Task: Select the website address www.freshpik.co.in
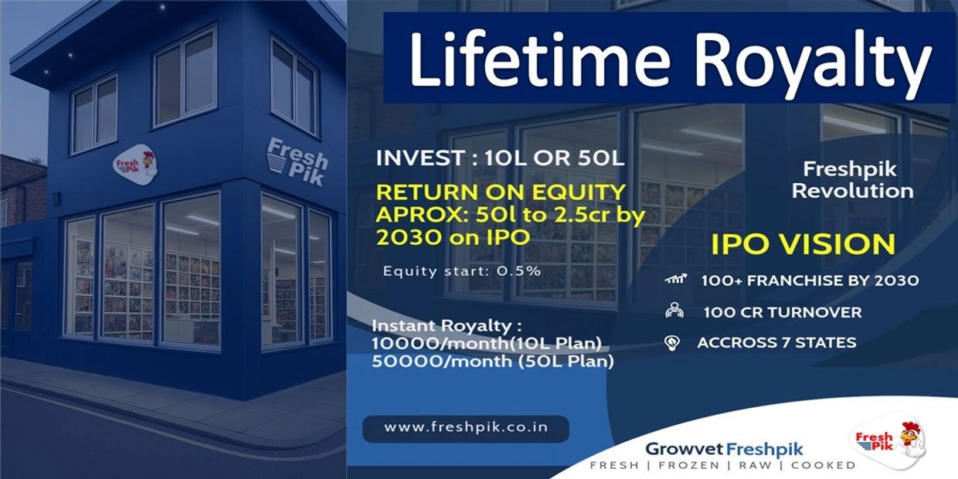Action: (x=466, y=427)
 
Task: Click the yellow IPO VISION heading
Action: (x=803, y=244)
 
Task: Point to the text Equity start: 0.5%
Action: (x=462, y=271)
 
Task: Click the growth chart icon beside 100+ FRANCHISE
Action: (x=676, y=279)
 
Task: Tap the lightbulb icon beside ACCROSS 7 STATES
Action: (x=672, y=343)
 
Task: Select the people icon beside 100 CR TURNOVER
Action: (x=674, y=311)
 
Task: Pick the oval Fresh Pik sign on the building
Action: (x=135, y=165)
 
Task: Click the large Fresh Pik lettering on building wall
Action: (x=297, y=161)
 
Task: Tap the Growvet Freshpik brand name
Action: (x=724, y=449)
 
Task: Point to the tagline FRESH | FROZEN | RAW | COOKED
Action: (x=723, y=465)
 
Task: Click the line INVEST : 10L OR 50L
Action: (x=500, y=158)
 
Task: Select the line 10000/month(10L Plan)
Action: (x=487, y=344)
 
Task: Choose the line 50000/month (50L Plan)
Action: (x=493, y=362)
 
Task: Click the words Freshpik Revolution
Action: (x=852, y=180)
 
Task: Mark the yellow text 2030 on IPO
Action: (x=453, y=238)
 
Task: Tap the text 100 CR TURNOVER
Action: (x=782, y=313)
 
